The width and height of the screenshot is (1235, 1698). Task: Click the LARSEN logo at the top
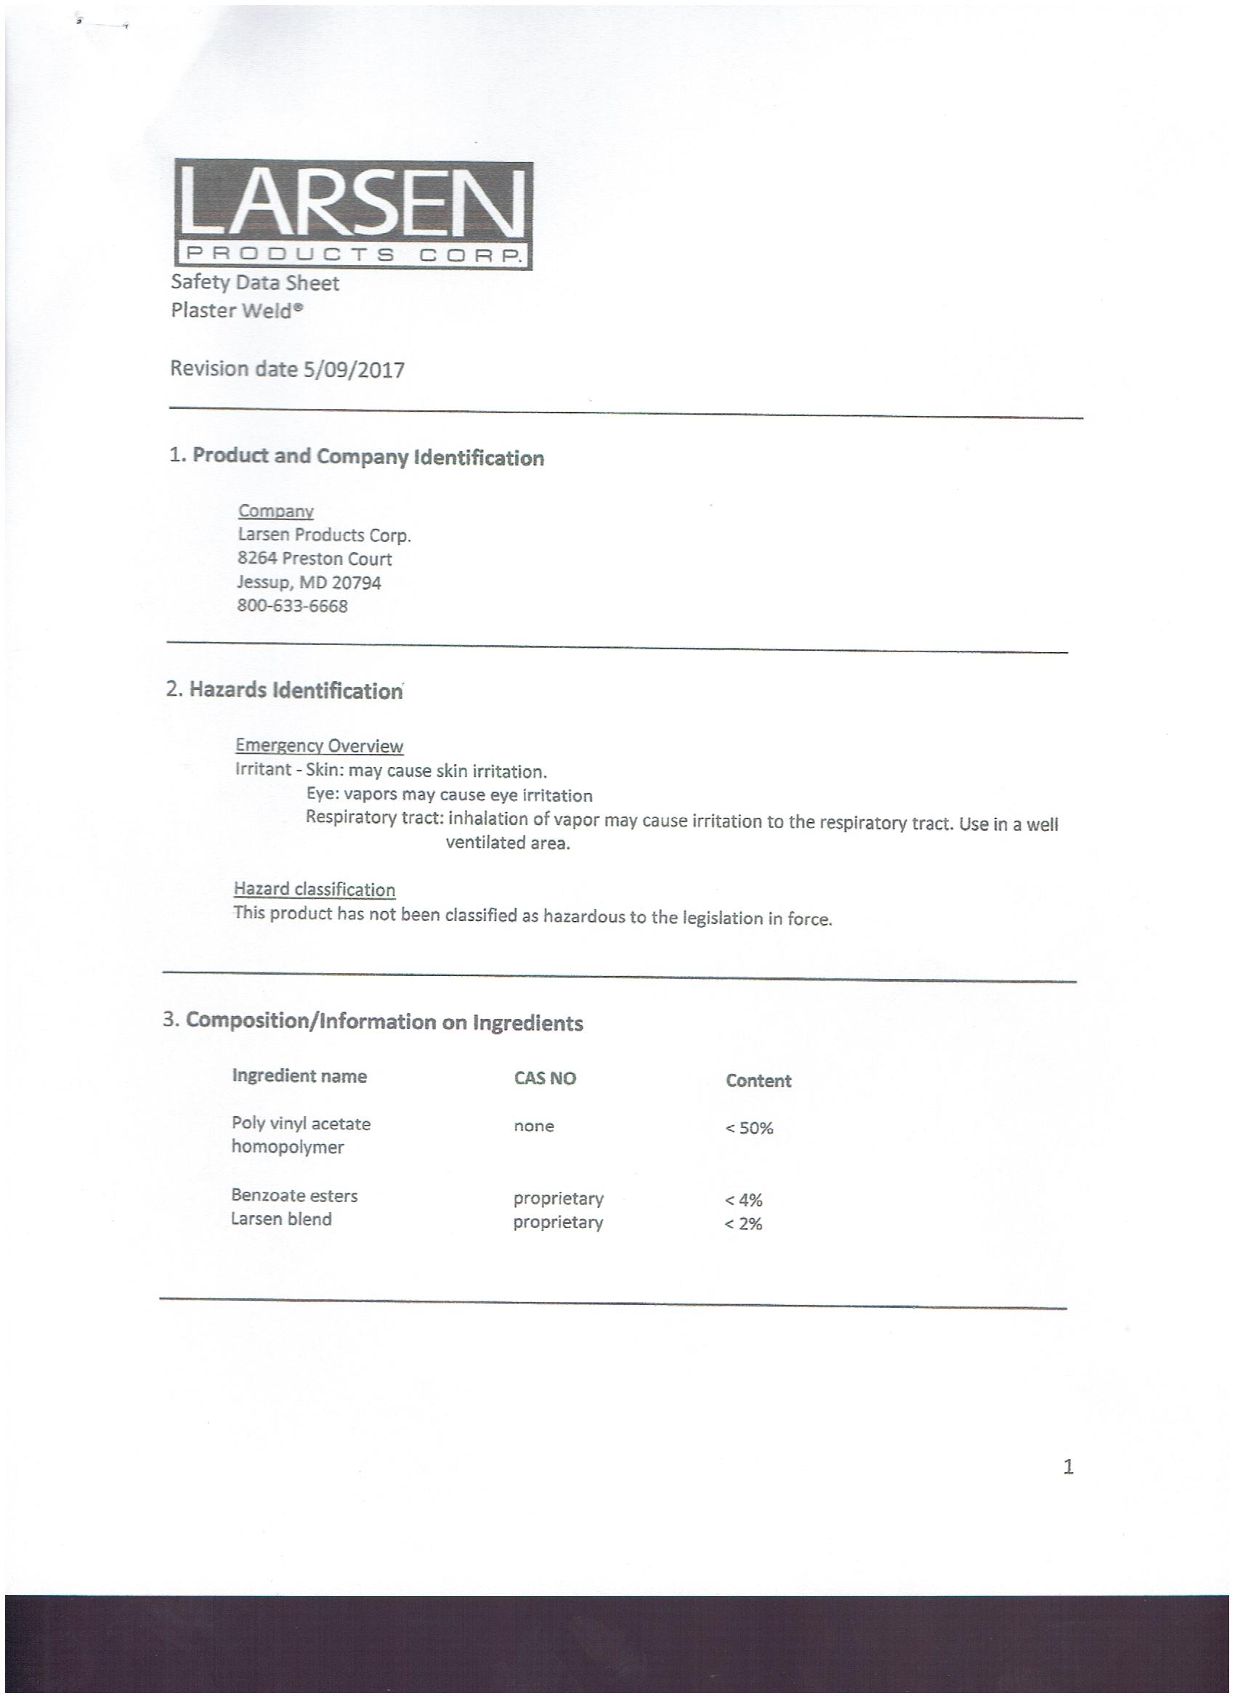(x=353, y=215)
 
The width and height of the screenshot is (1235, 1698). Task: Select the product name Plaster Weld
(x=237, y=310)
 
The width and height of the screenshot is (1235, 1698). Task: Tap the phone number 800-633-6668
(x=292, y=606)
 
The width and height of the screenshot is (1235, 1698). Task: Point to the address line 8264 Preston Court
(x=315, y=558)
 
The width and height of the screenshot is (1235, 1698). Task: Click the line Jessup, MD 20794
(x=309, y=582)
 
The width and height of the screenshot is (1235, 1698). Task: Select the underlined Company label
(x=275, y=511)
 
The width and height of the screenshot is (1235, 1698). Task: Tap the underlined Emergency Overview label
(x=319, y=746)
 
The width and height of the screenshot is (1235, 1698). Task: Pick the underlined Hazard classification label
(x=315, y=890)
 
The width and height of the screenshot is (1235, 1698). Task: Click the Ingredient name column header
(x=299, y=1076)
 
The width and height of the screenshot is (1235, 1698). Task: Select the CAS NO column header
(x=544, y=1078)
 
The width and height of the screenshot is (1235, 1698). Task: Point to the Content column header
(x=758, y=1081)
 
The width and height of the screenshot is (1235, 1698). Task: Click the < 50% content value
(x=748, y=1129)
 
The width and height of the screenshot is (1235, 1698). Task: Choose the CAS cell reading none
(x=533, y=1126)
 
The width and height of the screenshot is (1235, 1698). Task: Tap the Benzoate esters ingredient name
(x=294, y=1195)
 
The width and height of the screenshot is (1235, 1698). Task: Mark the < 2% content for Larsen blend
(x=743, y=1224)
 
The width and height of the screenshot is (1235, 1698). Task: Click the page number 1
(x=1068, y=1466)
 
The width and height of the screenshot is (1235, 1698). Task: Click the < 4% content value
(x=743, y=1200)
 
